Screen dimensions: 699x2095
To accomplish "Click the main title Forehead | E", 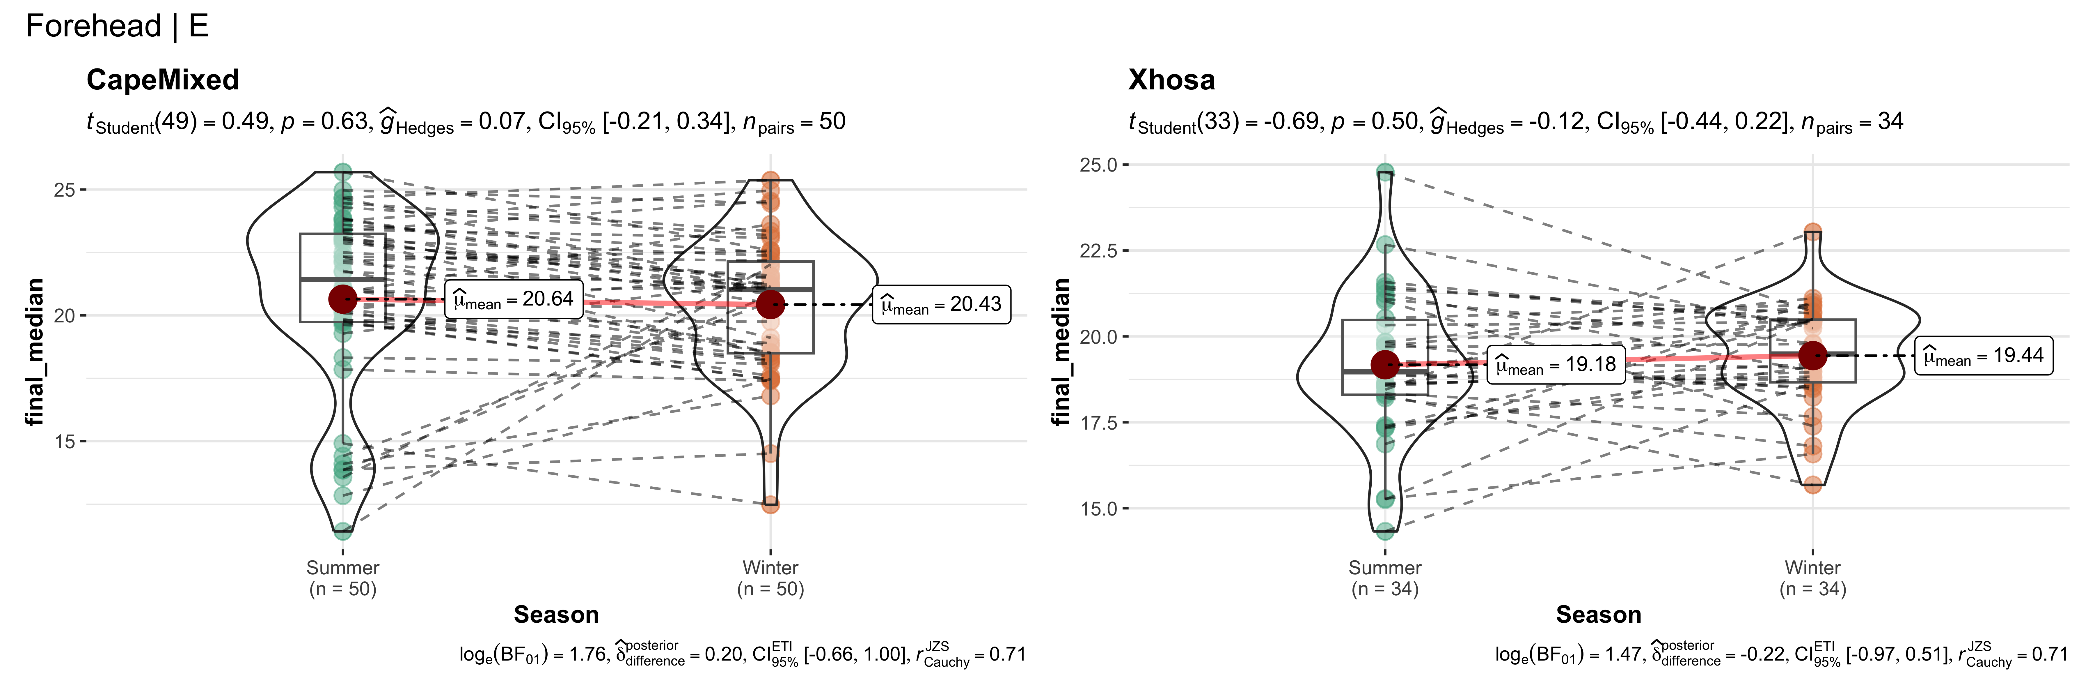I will (117, 26).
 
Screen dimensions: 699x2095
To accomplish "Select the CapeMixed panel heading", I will (163, 80).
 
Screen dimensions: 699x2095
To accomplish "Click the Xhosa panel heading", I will (1171, 80).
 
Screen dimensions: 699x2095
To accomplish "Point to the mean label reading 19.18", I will (1556, 365).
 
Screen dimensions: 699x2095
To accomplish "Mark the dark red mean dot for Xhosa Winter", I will (1813, 355).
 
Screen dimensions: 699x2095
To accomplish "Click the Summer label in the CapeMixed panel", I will (342, 568).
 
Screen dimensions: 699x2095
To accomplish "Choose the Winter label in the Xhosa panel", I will (1813, 568).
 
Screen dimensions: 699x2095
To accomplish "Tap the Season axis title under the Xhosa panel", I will (1598, 614).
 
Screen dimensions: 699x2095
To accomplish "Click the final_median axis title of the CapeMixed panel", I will (34, 352).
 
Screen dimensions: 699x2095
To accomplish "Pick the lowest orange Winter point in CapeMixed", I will (770, 504).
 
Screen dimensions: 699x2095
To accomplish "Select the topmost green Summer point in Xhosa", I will (1385, 172).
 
